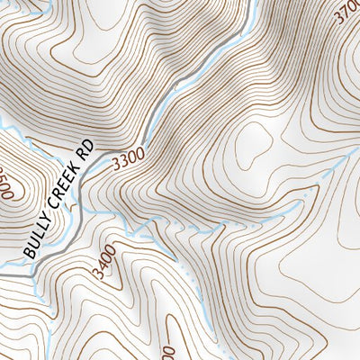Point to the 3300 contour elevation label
pos(130,161)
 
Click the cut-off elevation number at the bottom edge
pos(168,351)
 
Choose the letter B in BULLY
pos(29,253)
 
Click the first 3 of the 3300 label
pos(117,166)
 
